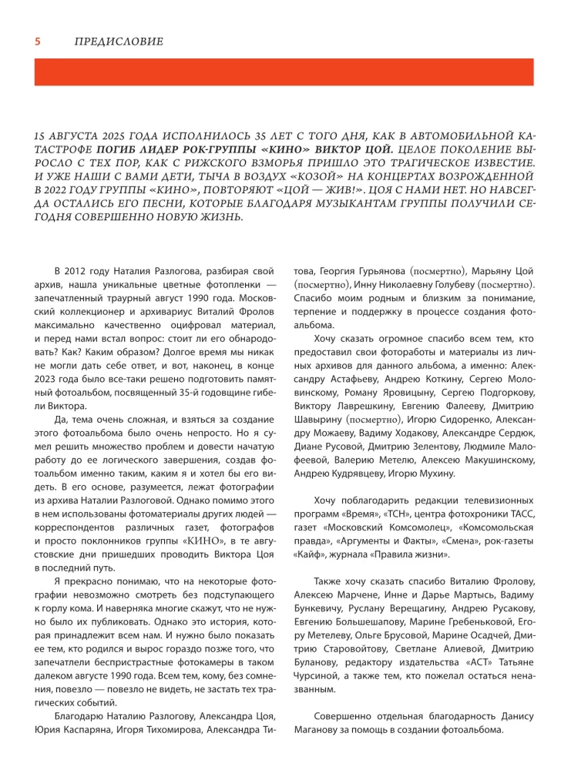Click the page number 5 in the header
point(37,41)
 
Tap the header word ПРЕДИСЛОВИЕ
point(119,41)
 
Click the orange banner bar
point(284,72)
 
